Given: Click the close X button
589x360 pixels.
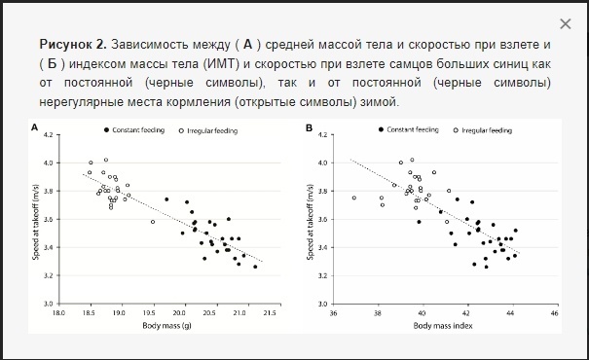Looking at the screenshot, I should [566, 23].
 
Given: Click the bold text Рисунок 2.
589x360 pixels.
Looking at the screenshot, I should [73, 46].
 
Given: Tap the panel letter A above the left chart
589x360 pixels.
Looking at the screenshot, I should [36, 127].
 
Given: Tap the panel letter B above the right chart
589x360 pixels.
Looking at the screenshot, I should [309, 127].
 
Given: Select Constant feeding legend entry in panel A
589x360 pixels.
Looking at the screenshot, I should [129, 129].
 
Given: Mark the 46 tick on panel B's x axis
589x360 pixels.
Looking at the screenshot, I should [554, 314].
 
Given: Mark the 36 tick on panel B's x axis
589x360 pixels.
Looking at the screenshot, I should [334, 314].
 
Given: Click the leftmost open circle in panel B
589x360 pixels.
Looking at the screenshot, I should [353, 198].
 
